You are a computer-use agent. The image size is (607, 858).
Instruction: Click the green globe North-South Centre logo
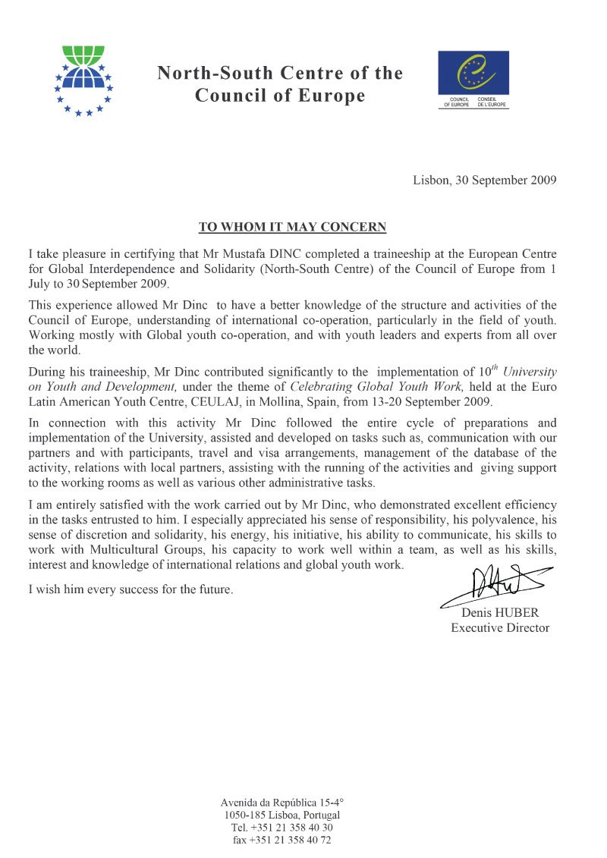click(83, 79)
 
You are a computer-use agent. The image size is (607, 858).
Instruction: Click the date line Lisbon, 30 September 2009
click(485, 181)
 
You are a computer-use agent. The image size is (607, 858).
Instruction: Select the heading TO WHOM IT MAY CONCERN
click(292, 227)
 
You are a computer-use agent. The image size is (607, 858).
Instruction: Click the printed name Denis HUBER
click(500, 612)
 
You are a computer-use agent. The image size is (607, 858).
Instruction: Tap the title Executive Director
click(500, 627)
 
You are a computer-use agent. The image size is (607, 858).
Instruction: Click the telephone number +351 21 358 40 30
click(294, 828)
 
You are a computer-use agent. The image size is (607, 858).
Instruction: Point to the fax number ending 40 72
click(294, 841)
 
